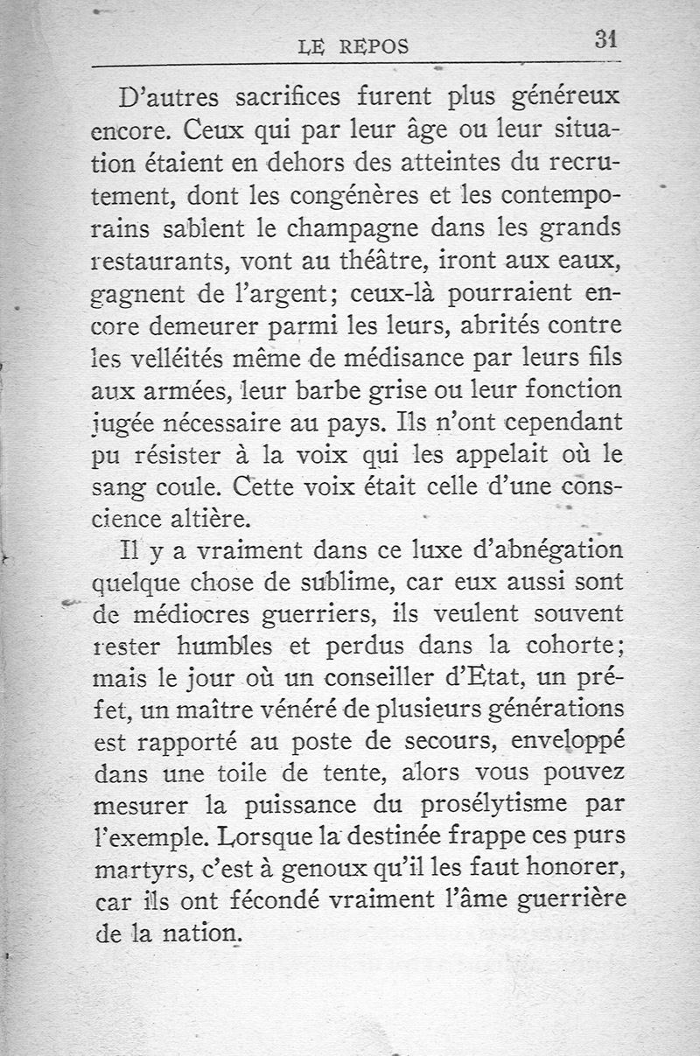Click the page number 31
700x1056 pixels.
pos(606,40)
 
